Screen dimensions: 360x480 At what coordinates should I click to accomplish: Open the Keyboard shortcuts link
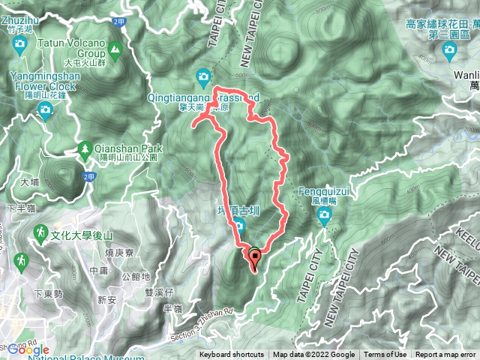pyautogui.click(x=232, y=355)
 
